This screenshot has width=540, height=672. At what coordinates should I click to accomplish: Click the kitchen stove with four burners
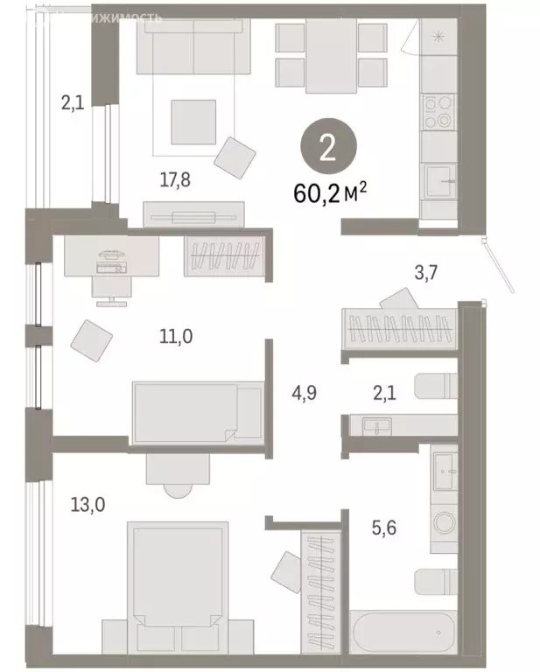[x=437, y=111]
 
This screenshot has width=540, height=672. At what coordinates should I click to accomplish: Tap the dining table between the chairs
[x=331, y=57]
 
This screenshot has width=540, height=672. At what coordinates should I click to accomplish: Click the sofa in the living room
[x=193, y=43]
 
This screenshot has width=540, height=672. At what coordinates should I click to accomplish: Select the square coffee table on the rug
[x=192, y=122]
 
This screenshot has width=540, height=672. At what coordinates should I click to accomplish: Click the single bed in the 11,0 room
[x=197, y=412]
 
